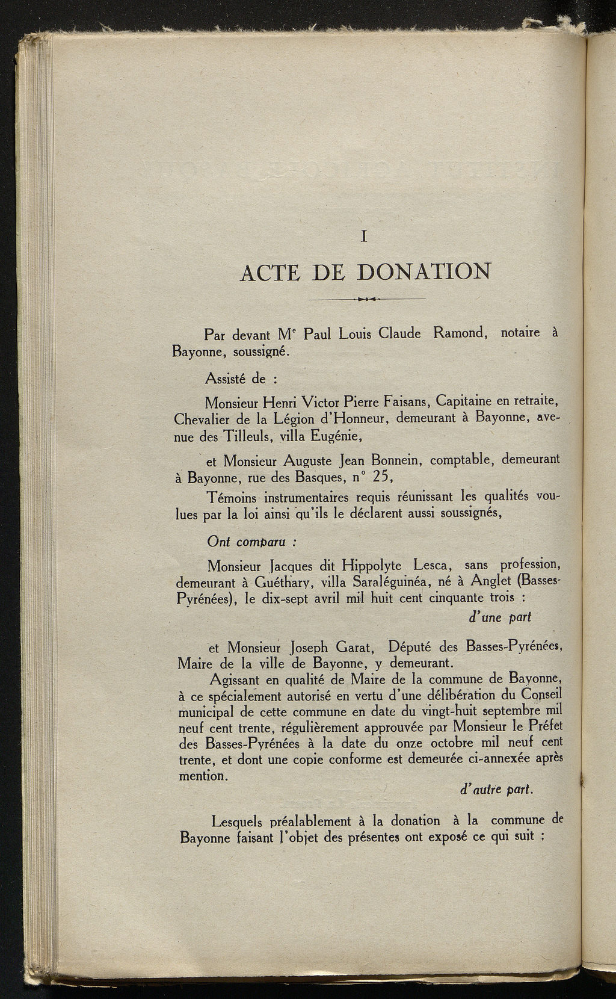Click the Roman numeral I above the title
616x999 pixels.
pos(364,237)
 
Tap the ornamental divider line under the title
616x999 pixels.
pos(366,298)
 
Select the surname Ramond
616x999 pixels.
pos(459,333)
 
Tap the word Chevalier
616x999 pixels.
pos(204,418)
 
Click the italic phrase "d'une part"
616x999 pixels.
pos(499,617)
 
